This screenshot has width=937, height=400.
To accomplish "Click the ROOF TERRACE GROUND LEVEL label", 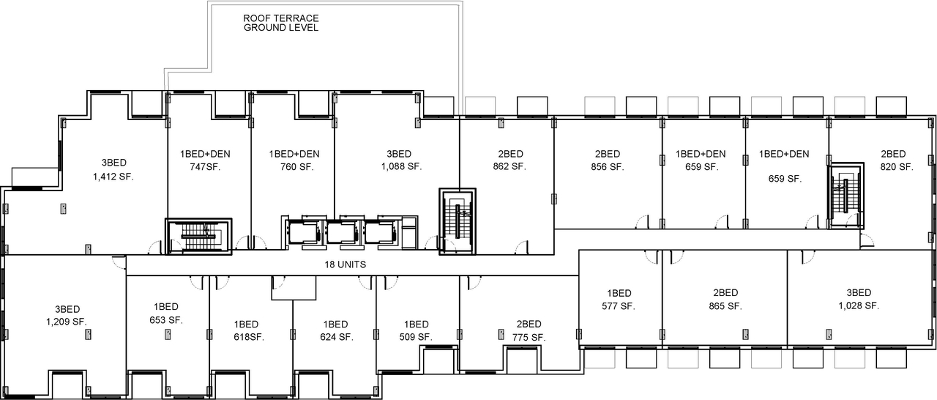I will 281,23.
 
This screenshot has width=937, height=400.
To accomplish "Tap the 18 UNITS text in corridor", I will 346,264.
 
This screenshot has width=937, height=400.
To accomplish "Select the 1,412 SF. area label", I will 113,177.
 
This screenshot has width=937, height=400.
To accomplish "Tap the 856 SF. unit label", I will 608,166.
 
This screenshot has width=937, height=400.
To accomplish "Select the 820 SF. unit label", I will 896,166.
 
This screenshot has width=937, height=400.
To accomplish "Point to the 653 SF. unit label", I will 166,319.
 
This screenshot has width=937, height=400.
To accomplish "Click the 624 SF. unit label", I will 336,337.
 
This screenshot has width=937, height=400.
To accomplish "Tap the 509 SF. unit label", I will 416,337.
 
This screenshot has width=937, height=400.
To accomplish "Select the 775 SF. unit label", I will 529,337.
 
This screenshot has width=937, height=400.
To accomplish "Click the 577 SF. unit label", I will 619,305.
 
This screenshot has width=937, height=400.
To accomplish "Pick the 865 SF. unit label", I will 725,305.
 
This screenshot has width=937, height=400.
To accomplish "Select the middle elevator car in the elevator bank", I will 339,232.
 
